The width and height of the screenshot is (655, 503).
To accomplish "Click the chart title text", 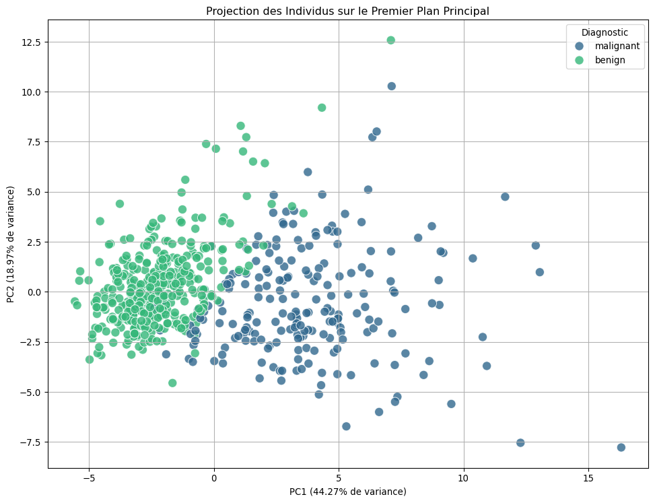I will point(347,11).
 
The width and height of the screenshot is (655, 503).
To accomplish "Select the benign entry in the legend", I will point(609,60).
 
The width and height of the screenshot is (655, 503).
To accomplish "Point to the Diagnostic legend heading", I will point(605,32).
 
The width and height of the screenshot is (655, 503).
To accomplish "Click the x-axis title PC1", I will point(347,492).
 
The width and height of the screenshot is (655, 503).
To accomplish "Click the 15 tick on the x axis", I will point(588,477).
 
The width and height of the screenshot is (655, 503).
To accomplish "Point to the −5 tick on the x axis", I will point(89,477).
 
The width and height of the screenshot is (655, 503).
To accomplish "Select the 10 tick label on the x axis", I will point(463,477).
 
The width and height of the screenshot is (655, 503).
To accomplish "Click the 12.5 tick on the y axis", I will point(30,42).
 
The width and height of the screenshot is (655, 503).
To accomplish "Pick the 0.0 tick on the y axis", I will point(33,292).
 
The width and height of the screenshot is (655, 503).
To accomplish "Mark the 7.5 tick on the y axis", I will point(33,142).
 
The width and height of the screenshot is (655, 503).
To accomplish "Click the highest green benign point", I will point(390,40).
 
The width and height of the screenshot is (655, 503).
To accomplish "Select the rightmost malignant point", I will point(621,447).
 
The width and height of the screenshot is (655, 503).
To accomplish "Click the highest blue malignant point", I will point(391,86).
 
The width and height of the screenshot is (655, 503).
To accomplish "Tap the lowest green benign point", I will point(172,382).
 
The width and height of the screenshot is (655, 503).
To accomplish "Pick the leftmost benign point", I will point(75,301).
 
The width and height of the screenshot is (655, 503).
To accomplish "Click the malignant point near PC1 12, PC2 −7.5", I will point(520,442).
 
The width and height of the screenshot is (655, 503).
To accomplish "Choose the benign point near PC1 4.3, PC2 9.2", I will point(322,108).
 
